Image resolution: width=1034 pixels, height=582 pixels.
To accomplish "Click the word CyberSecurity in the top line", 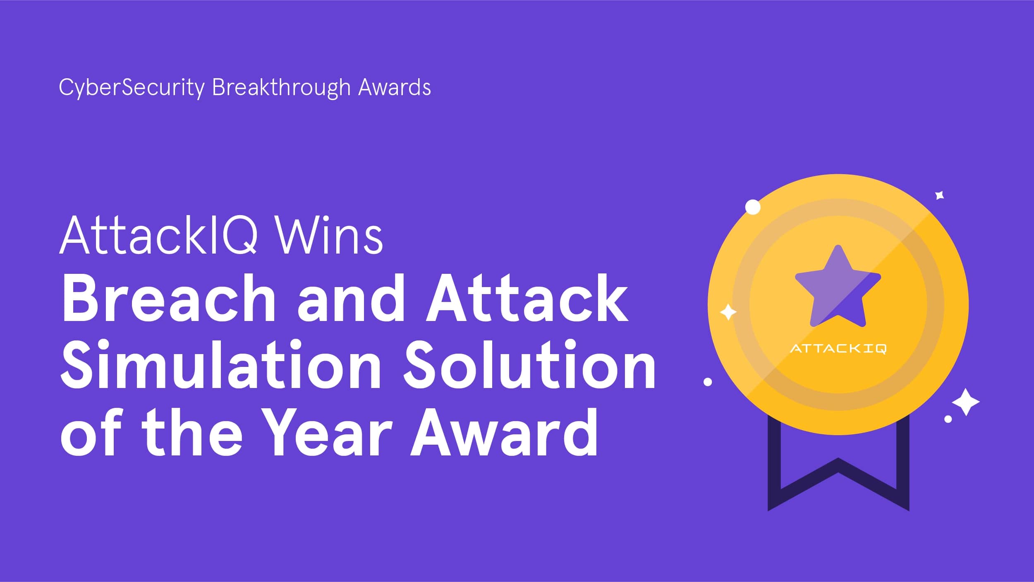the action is point(132,88).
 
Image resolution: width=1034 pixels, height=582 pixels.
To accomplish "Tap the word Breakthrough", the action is point(281,88).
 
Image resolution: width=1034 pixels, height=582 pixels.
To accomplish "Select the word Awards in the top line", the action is point(394,87).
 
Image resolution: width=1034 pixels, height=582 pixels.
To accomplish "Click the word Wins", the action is point(329,235).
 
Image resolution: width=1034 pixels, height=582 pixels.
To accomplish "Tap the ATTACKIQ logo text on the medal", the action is point(838,349).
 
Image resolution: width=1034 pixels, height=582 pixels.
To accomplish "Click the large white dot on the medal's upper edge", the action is point(753,207).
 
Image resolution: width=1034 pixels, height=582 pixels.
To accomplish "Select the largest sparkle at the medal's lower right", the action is point(966,402).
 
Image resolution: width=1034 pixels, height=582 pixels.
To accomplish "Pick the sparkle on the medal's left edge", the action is point(728,312).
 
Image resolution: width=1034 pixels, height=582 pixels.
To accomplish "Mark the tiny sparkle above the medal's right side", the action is point(940,195).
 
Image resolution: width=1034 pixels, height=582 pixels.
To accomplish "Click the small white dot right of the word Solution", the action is point(708,382).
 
